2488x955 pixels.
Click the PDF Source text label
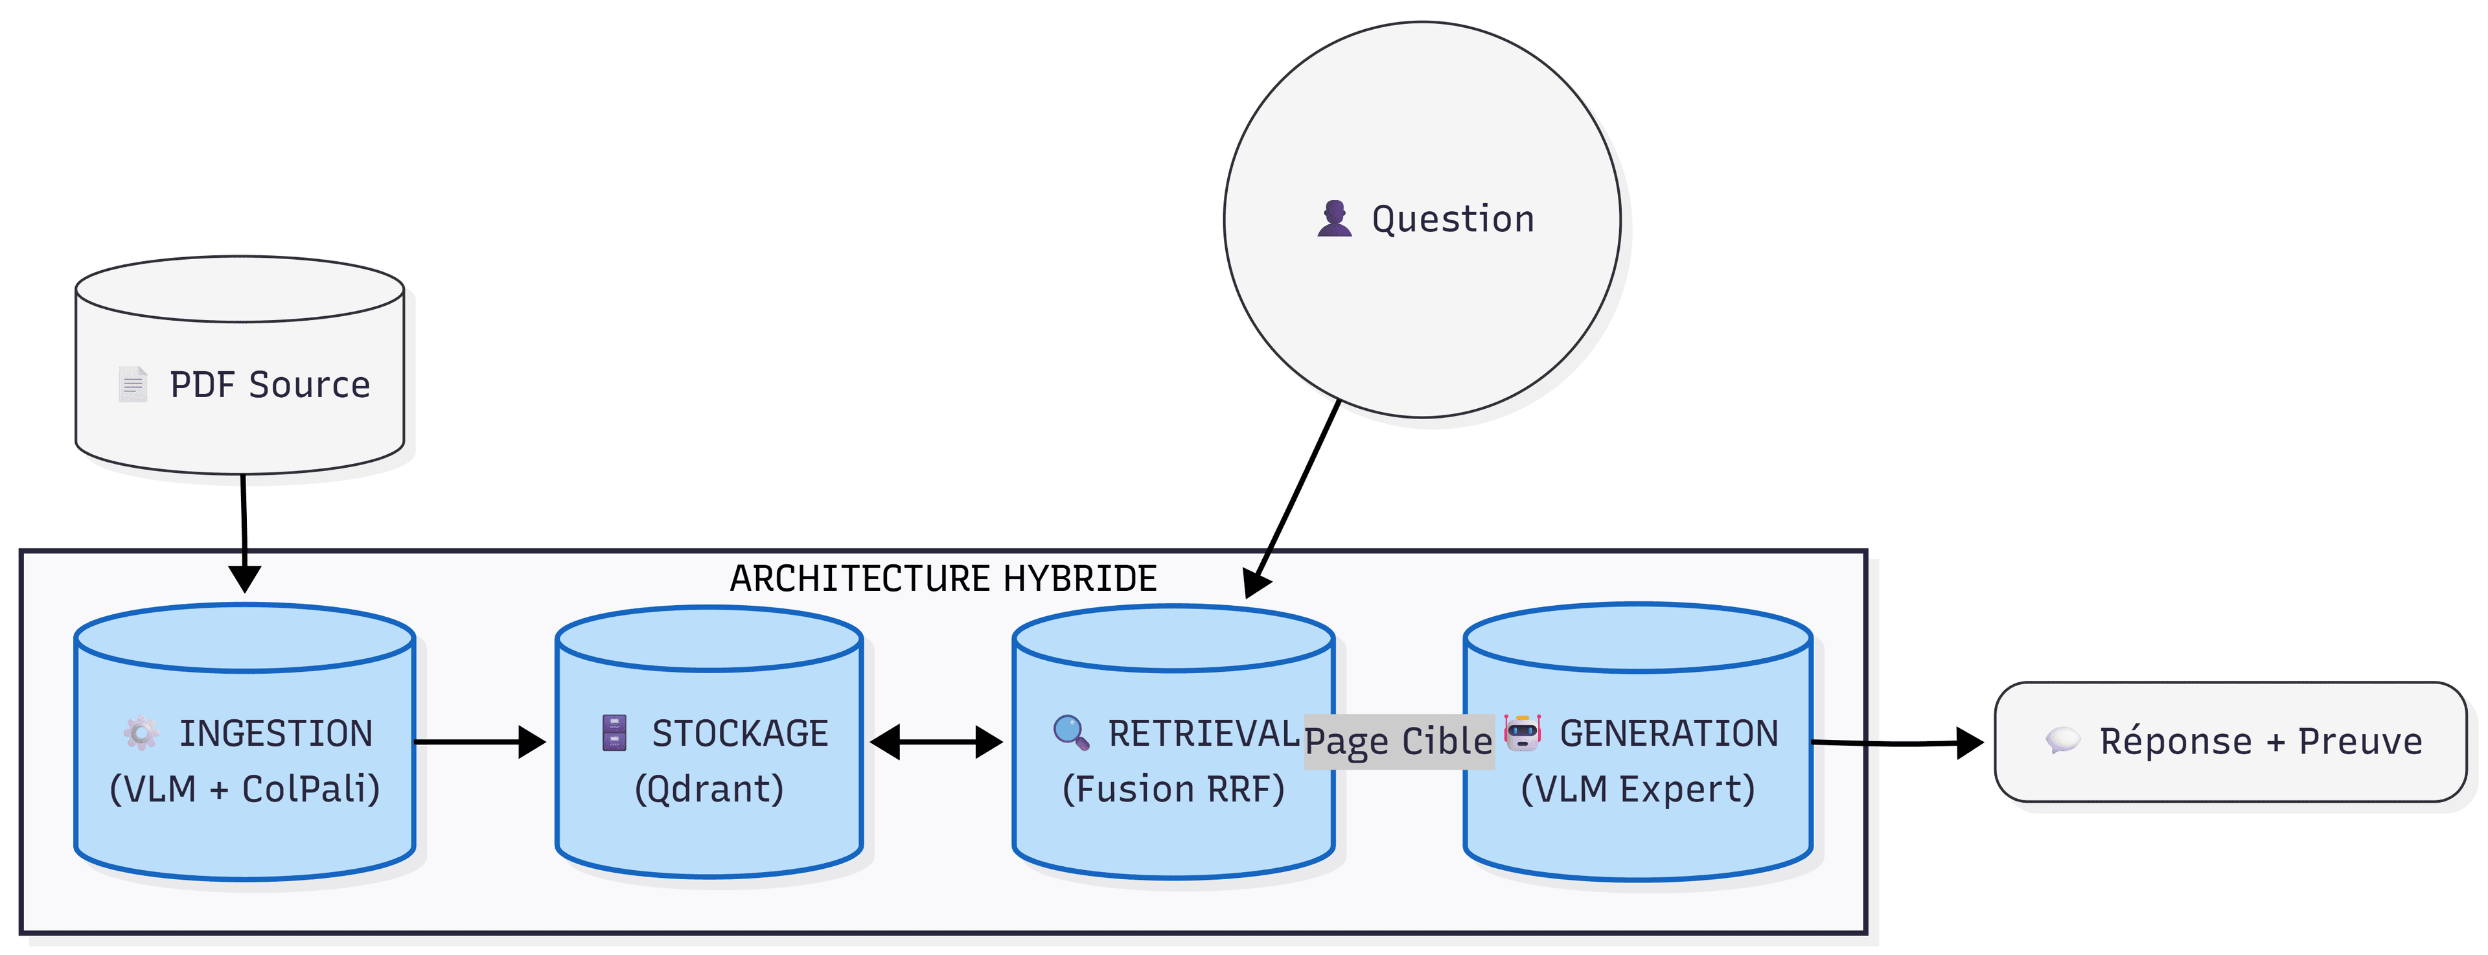pos(270,384)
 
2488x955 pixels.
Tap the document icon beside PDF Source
pos(132,384)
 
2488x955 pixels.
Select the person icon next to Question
pos(1334,219)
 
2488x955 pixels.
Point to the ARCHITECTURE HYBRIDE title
pos(943,579)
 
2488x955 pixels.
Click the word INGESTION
pos(275,734)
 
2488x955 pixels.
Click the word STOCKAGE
pos(740,734)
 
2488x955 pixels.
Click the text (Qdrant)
pos(709,789)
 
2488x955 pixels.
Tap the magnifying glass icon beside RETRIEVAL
pos(1070,733)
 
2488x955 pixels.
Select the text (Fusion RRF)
pos(1173,789)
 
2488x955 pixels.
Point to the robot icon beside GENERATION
pos(1523,733)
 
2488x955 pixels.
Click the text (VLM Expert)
pos(1637,789)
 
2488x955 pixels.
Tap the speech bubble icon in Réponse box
pos(2062,741)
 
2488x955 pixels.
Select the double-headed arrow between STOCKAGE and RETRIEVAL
pos(936,742)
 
